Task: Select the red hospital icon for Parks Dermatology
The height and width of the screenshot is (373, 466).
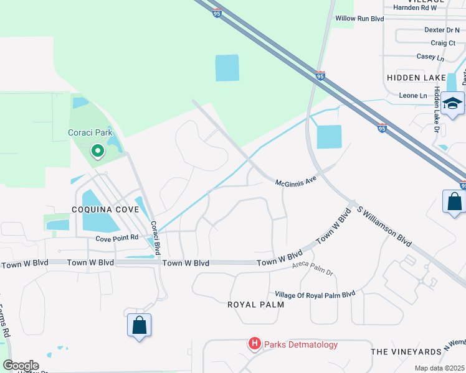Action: (254, 344)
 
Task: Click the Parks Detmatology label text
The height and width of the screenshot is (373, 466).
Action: (300, 344)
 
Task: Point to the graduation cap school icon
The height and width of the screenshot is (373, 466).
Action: (453, 104)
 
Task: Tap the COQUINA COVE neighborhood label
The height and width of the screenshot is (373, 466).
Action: (105, 210)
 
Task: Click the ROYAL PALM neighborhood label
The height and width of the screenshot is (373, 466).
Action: (255, 305)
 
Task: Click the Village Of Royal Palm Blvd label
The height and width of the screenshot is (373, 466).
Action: (315, 293)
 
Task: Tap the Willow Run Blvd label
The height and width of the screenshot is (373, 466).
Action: (359, 19)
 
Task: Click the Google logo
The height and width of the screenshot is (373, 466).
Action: (21, 366)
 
